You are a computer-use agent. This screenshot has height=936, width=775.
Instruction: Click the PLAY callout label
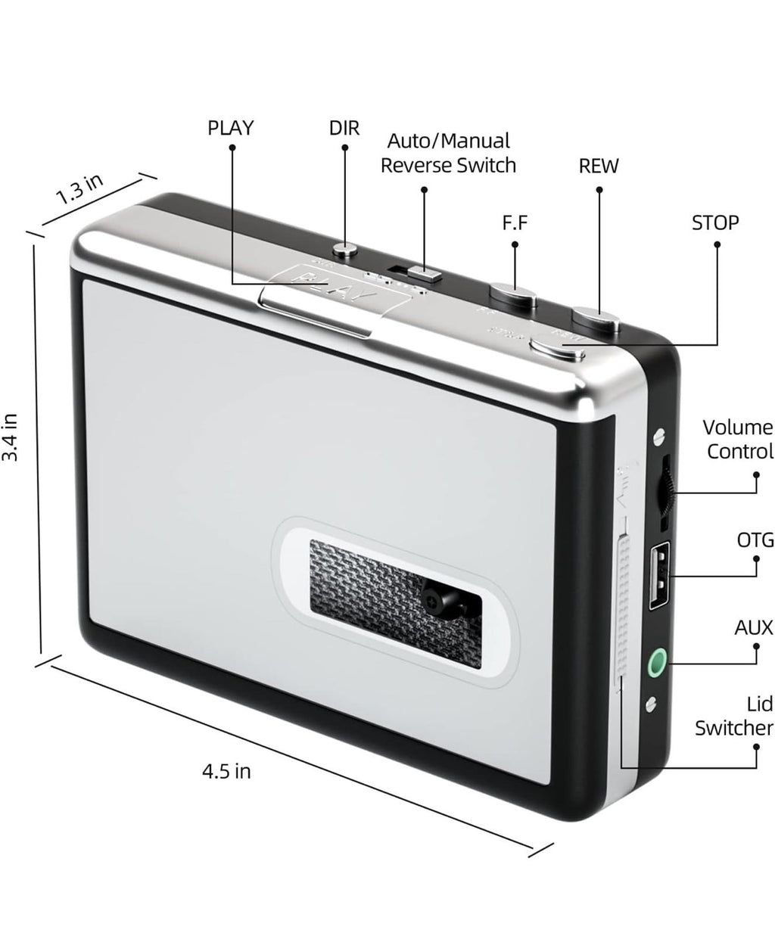point(230,128)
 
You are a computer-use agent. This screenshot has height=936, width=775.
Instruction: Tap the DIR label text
point(344,128)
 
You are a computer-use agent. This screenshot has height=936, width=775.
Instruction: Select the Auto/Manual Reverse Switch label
point(448,153)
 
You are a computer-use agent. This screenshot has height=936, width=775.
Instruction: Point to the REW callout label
point(598,166)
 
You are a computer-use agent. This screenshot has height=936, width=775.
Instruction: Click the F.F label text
point(515,223)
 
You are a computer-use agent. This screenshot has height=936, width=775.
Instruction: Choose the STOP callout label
point(715,222)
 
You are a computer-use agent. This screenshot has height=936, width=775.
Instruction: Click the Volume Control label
point(738,440)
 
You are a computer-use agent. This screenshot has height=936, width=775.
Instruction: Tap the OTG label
point(755,540)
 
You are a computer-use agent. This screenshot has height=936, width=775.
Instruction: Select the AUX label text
point(754,627)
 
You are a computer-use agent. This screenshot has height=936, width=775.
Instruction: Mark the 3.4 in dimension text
point(10,446)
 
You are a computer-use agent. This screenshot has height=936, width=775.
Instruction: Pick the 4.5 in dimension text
point(226,772)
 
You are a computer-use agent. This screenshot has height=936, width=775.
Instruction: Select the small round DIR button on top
point(345,247)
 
